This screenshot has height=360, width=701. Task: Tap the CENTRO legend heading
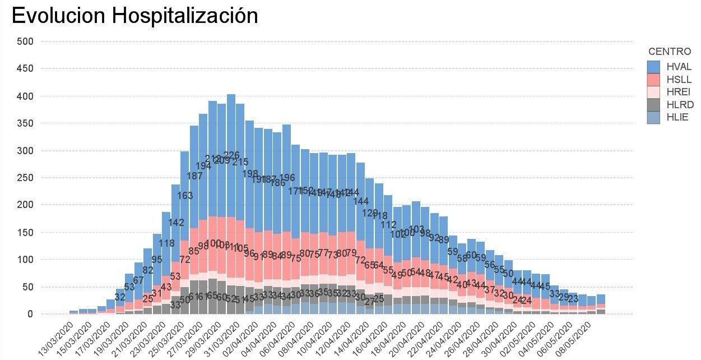[669, 52]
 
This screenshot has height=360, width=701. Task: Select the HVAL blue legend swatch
[654, 66]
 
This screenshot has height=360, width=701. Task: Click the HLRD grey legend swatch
[654, 105]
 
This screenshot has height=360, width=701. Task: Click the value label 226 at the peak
[231, 155]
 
